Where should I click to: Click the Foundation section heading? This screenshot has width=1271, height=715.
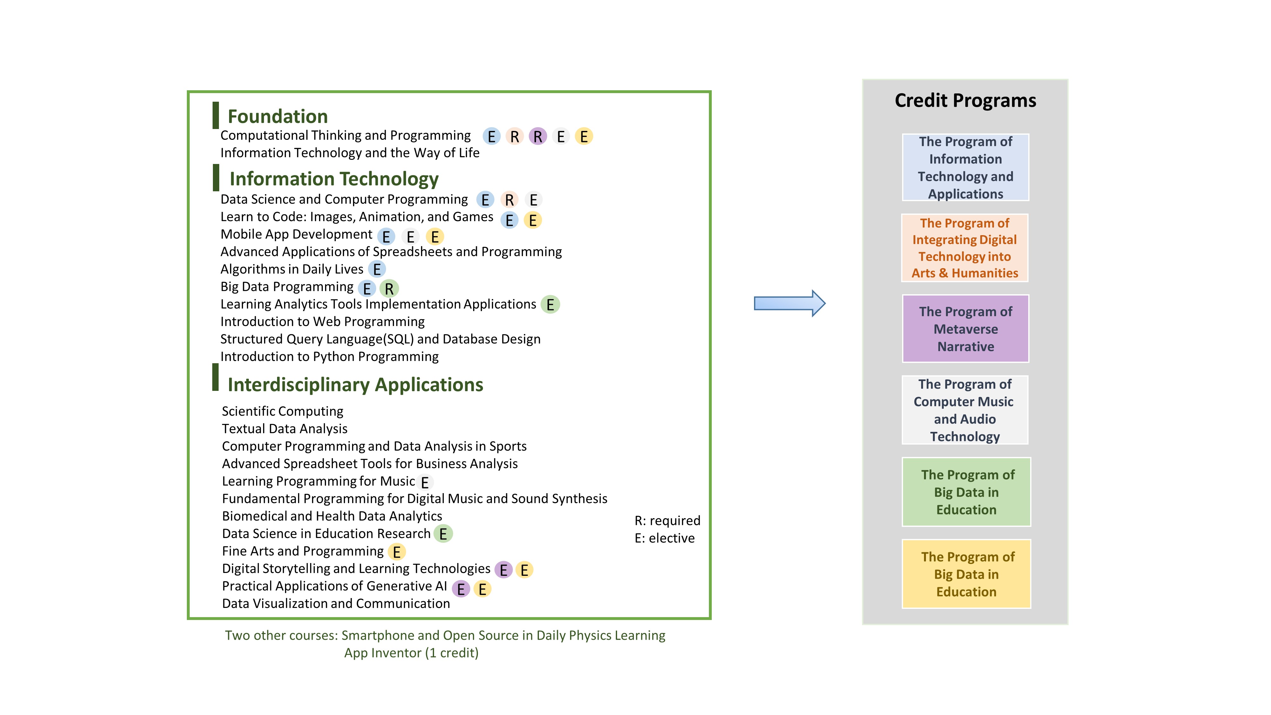[277, 116]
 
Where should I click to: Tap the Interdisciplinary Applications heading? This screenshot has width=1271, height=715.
[355, 385]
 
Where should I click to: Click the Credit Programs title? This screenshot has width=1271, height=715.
[965, 101]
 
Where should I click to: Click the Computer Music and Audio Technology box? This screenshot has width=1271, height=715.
[965, 410]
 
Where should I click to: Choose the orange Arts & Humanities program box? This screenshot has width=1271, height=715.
[965, 248]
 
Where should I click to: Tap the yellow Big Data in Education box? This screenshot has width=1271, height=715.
[966, 574]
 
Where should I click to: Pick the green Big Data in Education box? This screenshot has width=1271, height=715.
[966, 492]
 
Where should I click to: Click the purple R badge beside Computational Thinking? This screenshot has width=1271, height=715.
[537, 136]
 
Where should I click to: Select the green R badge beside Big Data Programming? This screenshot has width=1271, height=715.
[389, 289]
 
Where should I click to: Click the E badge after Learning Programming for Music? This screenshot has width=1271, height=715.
[424, 482]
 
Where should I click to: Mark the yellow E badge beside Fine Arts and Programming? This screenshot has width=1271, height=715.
[397, 552]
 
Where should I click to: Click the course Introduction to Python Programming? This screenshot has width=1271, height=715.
[329, 356]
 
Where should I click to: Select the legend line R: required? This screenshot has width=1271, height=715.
[667, 521]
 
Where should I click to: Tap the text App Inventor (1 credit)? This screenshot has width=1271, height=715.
[411, 653]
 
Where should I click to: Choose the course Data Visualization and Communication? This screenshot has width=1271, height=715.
[336, 603]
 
